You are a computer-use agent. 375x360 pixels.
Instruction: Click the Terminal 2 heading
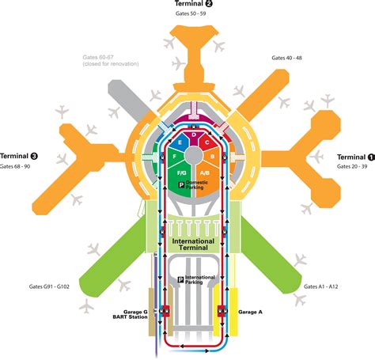(x=194, y=3)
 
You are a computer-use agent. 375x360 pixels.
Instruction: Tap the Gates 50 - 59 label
(x=191, y=13)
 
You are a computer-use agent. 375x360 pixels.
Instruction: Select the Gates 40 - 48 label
(x=286, y=58)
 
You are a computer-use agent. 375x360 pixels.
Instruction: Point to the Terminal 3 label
(x=19, y=156)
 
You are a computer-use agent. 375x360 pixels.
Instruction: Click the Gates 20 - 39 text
(x=352, y=166)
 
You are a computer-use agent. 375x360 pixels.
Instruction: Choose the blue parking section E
(x=180, y=142)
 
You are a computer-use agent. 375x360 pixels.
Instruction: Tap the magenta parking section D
(x=194, y=136)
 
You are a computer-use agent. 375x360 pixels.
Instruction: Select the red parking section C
(x=207, y=142)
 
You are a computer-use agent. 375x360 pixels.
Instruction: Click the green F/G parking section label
(x=182, y=172)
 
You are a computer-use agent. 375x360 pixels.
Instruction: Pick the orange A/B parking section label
(x=205, y=172)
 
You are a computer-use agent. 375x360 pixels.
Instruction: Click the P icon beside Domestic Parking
(x=181, y=185)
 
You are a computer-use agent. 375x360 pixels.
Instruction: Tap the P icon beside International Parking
(x=180, y=280)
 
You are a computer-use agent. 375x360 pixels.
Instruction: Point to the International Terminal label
(x=193, y=244)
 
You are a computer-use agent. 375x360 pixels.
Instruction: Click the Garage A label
(x=250, y=312)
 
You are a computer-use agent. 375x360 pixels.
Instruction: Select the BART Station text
(x=130, y=317)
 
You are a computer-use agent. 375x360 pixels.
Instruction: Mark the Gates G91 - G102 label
(x=49, y=286)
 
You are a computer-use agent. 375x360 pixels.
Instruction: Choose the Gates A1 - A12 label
(x=321, y=286)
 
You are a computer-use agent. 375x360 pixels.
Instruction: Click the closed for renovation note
(x=111, y=64)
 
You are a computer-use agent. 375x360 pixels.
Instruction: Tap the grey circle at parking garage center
(x=193, y=155)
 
